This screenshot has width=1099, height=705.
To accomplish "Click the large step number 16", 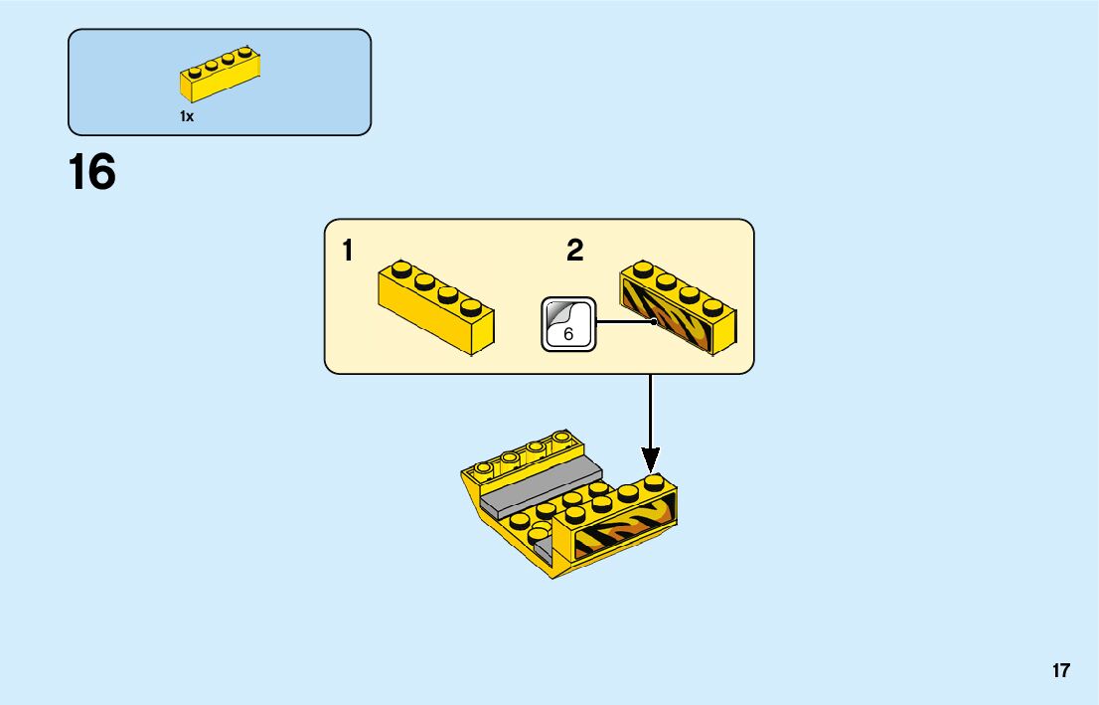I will (x=91, y=173).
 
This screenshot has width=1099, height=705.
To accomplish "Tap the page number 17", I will (x=1061, y=670).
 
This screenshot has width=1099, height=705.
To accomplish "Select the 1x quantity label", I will (x=187, y=116).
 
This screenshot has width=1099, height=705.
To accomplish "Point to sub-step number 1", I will (x=347, y=252).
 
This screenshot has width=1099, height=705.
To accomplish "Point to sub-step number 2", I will (x=574, y=252).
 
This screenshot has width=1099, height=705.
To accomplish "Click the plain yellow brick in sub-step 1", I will (x=435, y=308).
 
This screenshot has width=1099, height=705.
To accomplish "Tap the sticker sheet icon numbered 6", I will (x=567, y=323).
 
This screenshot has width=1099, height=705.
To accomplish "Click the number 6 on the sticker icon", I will (x=568, y=334).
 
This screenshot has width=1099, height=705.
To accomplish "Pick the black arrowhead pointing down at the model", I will (x=650, y=459).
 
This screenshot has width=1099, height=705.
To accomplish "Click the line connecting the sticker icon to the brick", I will (x=624, y=321).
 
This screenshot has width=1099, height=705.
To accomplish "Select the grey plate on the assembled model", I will (x=542, y=482).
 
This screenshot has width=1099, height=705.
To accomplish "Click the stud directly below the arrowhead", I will (x=652, y=482).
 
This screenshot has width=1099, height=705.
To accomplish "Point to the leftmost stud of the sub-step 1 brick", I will (x=401, y=267).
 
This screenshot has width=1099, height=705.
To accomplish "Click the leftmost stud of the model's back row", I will (x=487, y=466).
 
